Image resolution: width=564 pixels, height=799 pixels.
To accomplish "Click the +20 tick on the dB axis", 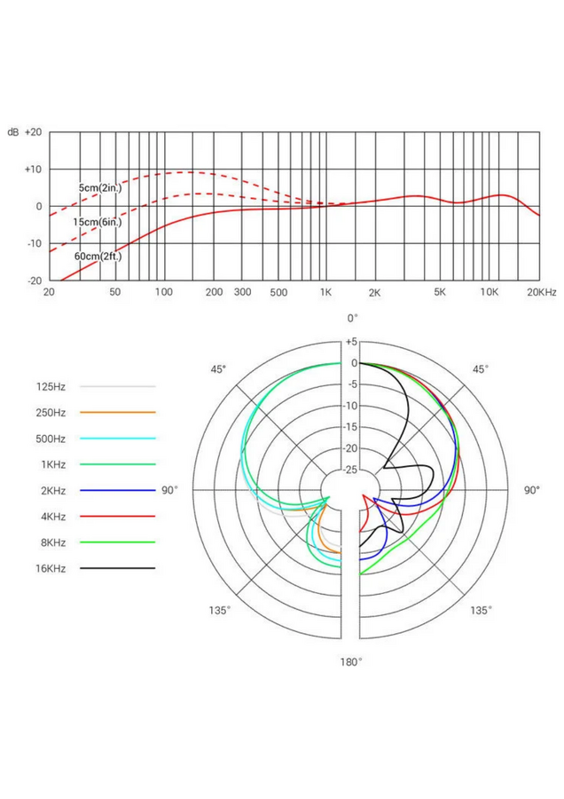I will [x=33, y=131].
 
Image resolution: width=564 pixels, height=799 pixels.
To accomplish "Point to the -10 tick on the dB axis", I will [x=33, y=243].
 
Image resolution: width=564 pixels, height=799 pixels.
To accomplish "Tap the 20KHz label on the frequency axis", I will [x=541, y=292].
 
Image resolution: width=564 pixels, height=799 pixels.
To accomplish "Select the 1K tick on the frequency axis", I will [x=325, y=292].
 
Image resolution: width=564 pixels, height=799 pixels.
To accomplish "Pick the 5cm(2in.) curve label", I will [x=99, y=189].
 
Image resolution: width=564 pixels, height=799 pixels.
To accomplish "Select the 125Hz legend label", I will [x=51, y=386].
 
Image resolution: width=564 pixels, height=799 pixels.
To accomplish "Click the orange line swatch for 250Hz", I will [x=117, y=412].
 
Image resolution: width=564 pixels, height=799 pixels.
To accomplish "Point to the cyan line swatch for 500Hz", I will [x=117, y=438].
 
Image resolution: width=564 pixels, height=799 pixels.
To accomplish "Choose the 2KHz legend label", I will [x=51, y=489].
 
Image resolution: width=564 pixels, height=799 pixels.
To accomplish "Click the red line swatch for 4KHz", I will [x=117, y=515].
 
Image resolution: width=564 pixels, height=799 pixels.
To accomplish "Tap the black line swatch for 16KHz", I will [x=117, y=567].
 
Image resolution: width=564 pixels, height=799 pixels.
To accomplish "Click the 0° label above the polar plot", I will [x=352, y=318].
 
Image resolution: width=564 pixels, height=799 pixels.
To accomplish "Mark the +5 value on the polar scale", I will [x=351, y=342].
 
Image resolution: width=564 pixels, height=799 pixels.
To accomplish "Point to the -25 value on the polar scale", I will [x=351, y=470].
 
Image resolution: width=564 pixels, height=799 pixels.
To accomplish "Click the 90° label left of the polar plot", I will [x=169, y=489].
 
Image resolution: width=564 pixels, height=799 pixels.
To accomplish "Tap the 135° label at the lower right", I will [x=480, y=611].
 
